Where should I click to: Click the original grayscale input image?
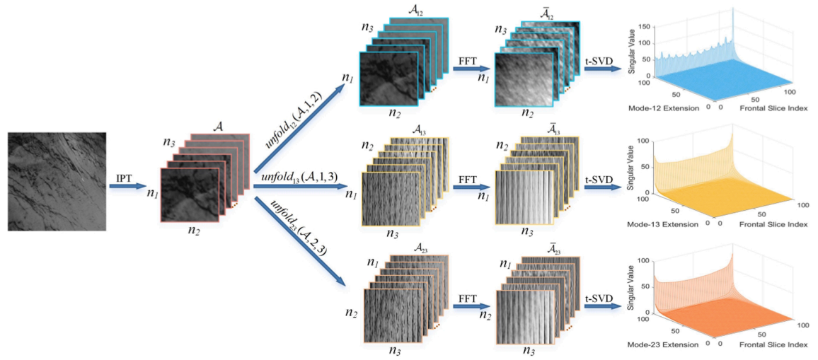[57, 182]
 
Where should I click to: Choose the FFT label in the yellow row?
[465, 181]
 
